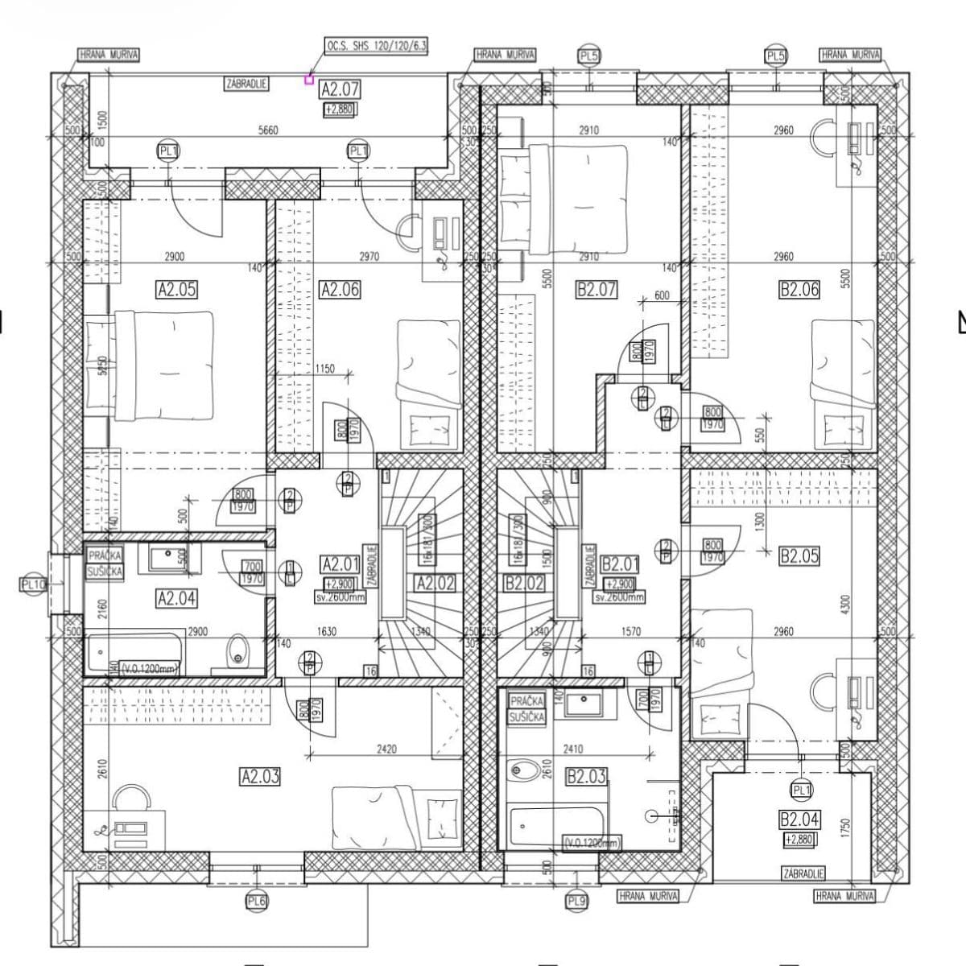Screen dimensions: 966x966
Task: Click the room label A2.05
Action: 176,289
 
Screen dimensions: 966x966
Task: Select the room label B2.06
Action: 799,289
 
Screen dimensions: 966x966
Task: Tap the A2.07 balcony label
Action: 339,89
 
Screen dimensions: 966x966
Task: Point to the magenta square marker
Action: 308,79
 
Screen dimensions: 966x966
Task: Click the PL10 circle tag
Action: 32,584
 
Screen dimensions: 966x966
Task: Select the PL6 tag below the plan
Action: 256,902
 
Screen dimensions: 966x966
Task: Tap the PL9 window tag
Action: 576,901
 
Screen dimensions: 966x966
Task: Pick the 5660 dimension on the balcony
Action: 268,130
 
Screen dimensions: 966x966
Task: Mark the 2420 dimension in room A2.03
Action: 386,749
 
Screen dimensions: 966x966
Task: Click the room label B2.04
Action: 799,820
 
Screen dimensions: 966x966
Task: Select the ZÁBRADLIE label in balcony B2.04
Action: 803,873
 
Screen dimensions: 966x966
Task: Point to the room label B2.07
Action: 597,289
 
